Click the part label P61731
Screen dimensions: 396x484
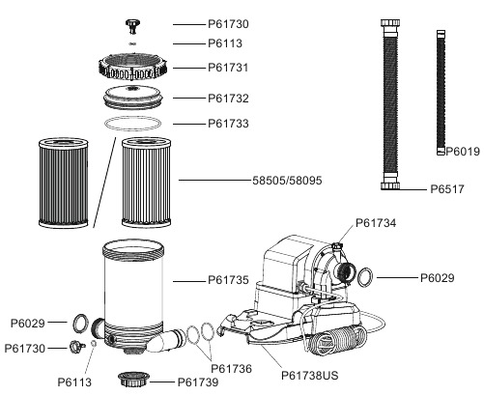point(228,68)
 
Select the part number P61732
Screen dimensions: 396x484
point(228,98)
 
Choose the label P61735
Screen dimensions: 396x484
point(228,280)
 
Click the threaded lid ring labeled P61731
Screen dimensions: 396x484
point(134,69)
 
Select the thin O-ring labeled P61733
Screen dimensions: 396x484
point(134,123)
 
